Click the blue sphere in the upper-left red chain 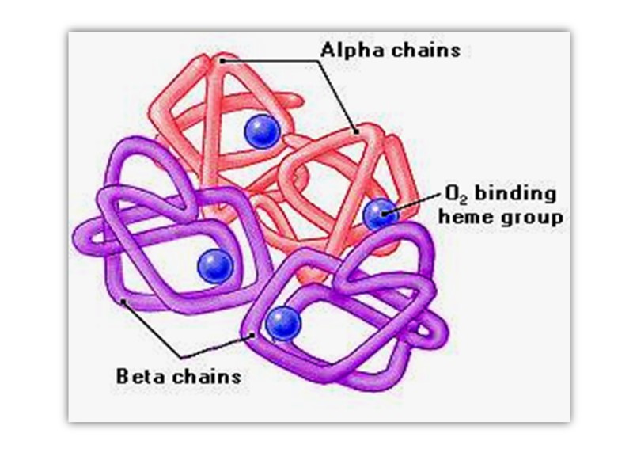pos(261,131)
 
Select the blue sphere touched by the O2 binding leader pos(380,214)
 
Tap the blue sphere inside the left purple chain pos(214,264)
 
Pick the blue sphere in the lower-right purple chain pos(282,323)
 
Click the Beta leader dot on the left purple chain pos(123,301)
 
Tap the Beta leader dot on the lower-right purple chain pos(252,335)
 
